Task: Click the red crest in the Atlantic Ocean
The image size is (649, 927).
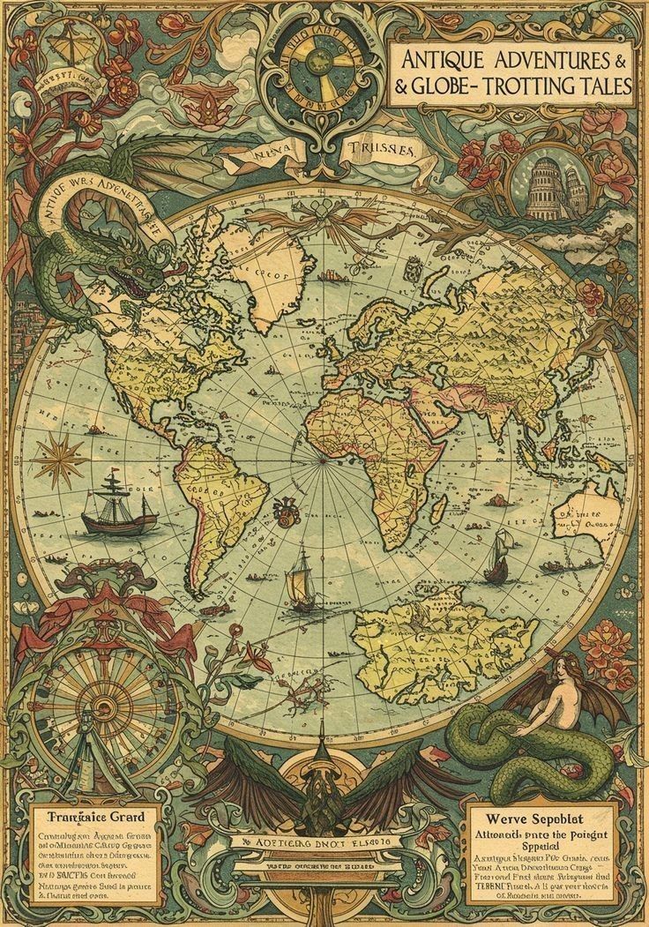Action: pyautogui.click(x=284, y=507)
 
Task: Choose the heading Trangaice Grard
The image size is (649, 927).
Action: pyautogui.click(x=93, y=815)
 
